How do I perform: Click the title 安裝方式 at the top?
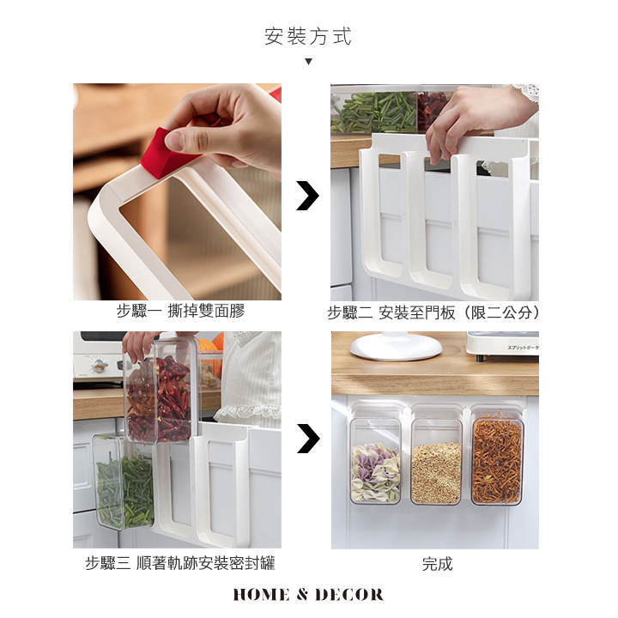pos(308,37)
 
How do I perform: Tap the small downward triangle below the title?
pos(309,62)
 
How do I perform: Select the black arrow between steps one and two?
pos(308,196)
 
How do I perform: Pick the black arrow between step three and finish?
pos(308,439)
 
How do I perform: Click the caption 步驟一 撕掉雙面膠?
pos(180,311)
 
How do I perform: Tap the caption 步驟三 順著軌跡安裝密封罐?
pos(180,563)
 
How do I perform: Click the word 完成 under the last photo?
pos(437,564)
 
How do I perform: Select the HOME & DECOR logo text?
pos(308,595)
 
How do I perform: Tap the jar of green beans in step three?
pos(122,482)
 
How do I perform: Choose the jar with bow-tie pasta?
pos(376,462)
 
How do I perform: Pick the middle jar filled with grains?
pos(436,462)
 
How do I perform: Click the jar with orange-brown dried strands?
pos(497,461)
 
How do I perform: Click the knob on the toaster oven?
pos(98,366)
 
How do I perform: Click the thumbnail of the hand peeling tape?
pos(177,191)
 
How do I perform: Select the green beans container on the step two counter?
pos(373,112)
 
